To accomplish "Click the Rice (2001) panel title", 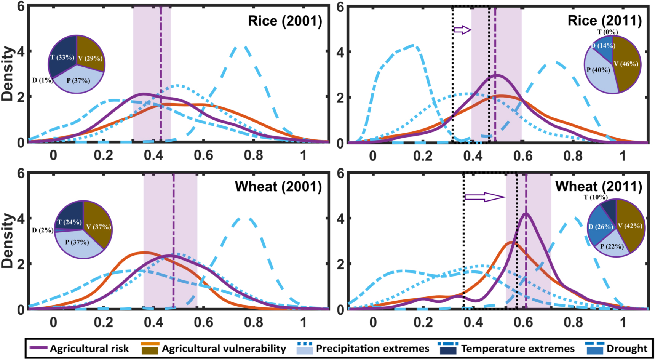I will [285, 21].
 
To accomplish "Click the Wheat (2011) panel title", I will [599, 187].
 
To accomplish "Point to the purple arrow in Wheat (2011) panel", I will [484, 197].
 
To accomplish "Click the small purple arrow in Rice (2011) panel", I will [462, 30].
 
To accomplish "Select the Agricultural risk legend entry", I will [80, 349].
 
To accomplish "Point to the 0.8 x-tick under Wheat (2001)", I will [254, 323].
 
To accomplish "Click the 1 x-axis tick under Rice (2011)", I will [623, 156].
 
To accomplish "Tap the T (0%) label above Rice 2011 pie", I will [607, 32].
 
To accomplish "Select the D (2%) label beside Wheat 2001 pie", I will [42, 230].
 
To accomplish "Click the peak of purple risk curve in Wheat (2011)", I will [526, 214].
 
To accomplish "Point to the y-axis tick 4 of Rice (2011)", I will [340, 52].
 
